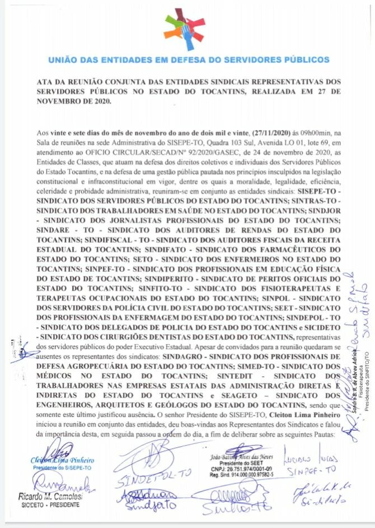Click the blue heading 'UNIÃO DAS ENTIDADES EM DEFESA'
click(x=189, y=59)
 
